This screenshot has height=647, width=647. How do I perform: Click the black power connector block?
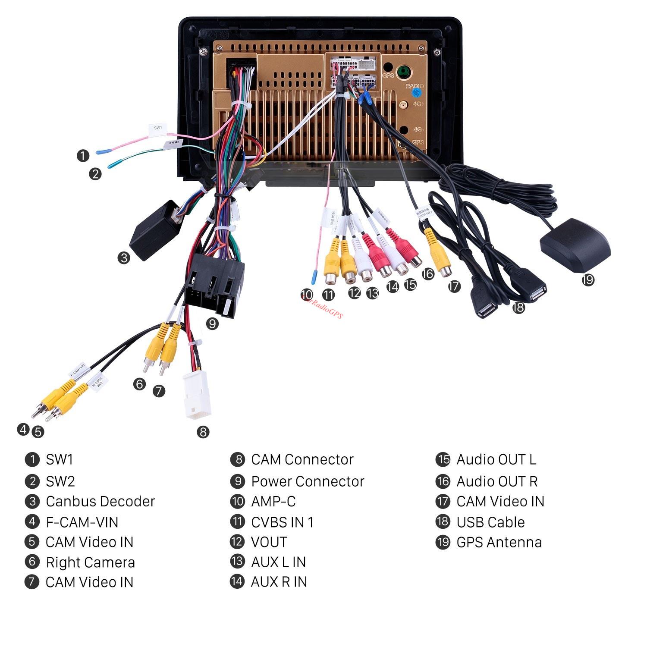[214, 285]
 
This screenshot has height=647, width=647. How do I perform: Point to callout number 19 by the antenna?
[587, 280]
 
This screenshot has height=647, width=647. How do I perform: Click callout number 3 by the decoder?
[124, 258]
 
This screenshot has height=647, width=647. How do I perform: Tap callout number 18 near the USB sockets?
[518, 307]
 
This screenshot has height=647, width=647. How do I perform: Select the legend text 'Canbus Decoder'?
[100, 501]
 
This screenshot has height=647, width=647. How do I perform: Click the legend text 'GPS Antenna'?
[499, 542]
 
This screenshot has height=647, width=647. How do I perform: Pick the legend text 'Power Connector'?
[308, 481]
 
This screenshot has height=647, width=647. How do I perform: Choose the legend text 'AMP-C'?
[273, 501]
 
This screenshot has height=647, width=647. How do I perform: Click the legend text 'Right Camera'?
[90, 562]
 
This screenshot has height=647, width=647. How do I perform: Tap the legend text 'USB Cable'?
[490, 522]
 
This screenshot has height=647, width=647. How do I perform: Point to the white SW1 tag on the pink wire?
[158, 128]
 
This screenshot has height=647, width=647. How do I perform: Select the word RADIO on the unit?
[415, 86]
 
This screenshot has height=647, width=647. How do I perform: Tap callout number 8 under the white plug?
[203, 432]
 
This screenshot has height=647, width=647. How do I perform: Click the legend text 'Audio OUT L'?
[496, 459]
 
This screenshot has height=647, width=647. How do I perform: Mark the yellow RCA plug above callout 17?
[438, 254]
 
